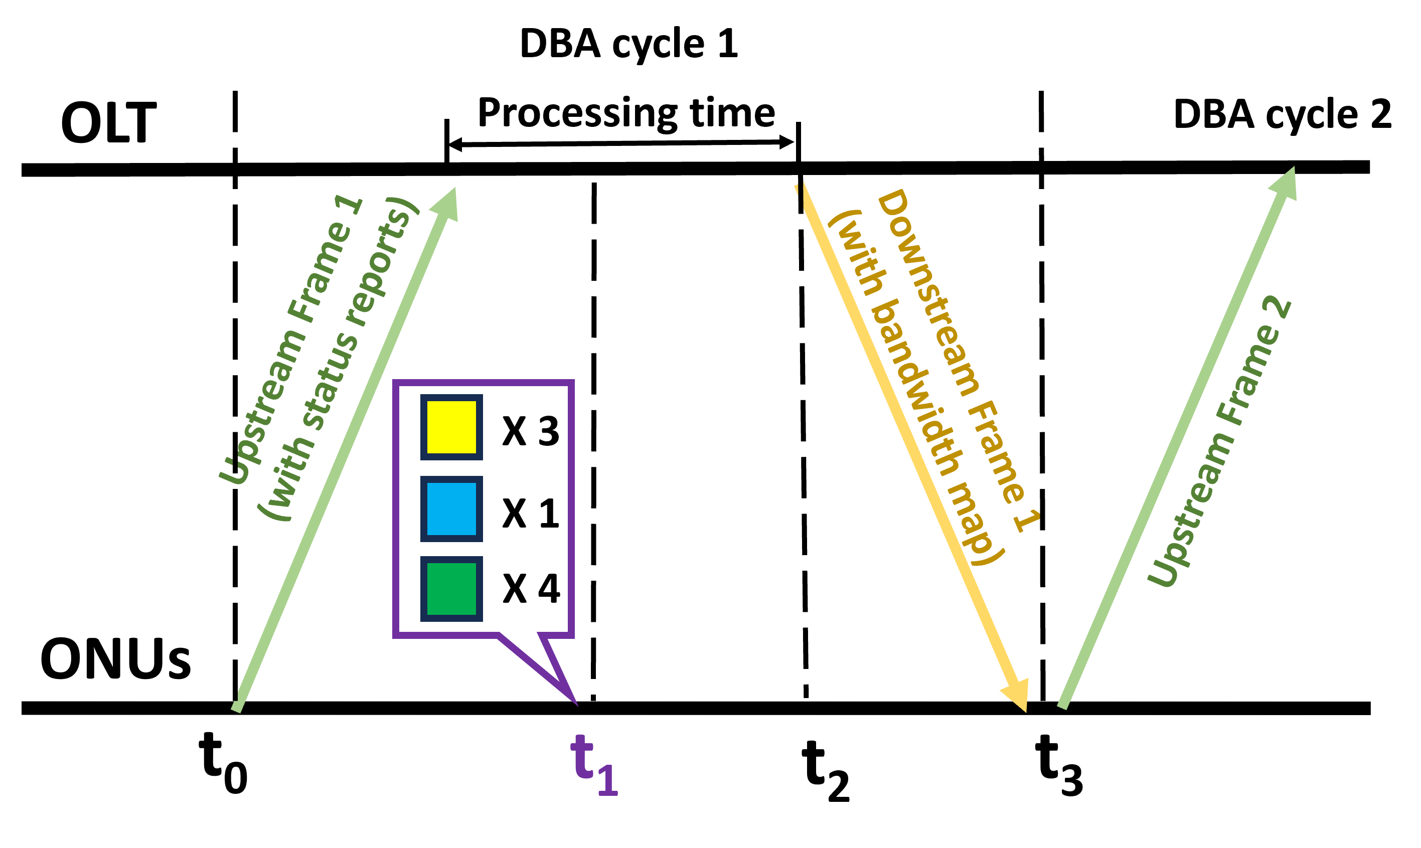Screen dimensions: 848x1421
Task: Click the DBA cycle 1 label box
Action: [629, 42]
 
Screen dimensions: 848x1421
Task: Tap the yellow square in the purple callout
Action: [451, 427]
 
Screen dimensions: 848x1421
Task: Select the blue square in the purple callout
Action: [451, 508]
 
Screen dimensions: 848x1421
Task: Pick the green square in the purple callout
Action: [451, 589]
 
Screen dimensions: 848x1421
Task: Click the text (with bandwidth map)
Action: [915, 389]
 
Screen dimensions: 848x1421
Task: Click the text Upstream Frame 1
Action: [291, 341]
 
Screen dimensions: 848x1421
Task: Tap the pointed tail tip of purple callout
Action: [575, 704]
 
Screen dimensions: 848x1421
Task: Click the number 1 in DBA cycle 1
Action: [727, 43]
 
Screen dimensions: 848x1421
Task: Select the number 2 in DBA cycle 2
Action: [1381, 114]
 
